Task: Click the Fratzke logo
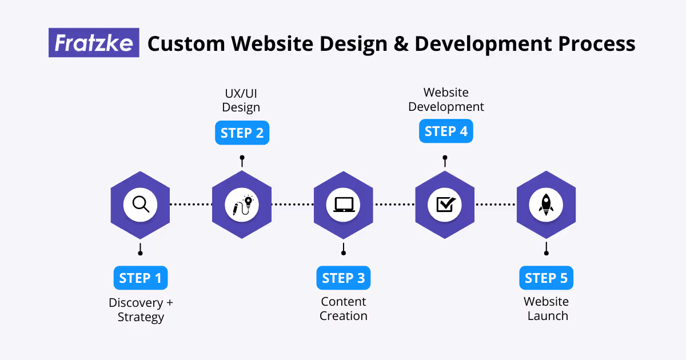tap(94, 43)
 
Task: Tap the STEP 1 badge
tap(141, 278)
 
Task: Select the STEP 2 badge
tap(242, 133)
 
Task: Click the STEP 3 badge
tap(344, 278)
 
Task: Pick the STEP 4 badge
tap(446, 131)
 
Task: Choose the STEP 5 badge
tap(547, 278)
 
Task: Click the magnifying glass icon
tap(140, 205)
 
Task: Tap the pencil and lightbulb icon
tap(242, 205)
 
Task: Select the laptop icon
tap(344, 205)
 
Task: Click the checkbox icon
tap(445, 205)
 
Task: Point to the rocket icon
tap(546, 205)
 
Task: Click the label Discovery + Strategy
tap(141, 309)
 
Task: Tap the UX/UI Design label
tap(241, 100)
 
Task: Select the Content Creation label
tap(344, 309)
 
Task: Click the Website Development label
tap(446, 99)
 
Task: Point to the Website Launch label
tap(547, 309)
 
